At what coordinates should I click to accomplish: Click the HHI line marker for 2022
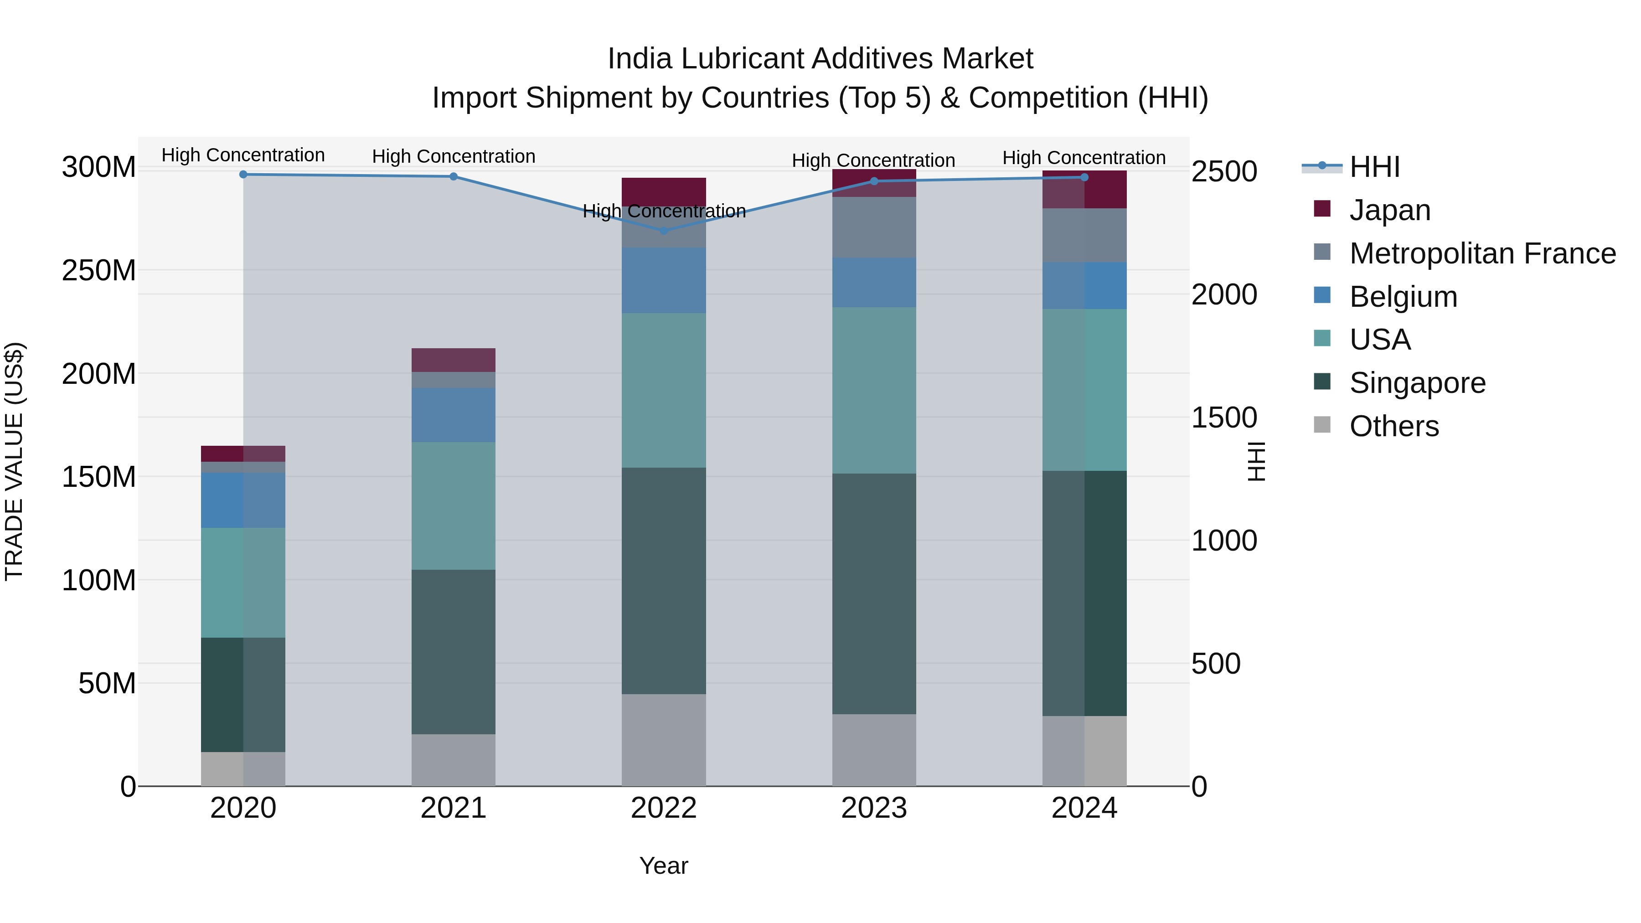coord(663,231)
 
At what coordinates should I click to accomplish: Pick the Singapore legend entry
coord(1417,383)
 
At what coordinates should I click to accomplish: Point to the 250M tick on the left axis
coord(99,271)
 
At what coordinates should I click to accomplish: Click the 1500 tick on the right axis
coord(1224,418)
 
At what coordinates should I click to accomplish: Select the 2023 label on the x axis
coord(873,808)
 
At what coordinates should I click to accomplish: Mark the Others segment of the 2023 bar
coord(873,750)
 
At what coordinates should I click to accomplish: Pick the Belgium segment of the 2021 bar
coord(453,415)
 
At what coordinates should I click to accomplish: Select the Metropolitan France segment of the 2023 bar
coord(873,227)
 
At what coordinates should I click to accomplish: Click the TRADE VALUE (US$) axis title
coord(14,461)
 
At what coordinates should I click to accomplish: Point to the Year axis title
coord(663,866)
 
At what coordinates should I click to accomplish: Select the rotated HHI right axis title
coord(1256,461)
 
